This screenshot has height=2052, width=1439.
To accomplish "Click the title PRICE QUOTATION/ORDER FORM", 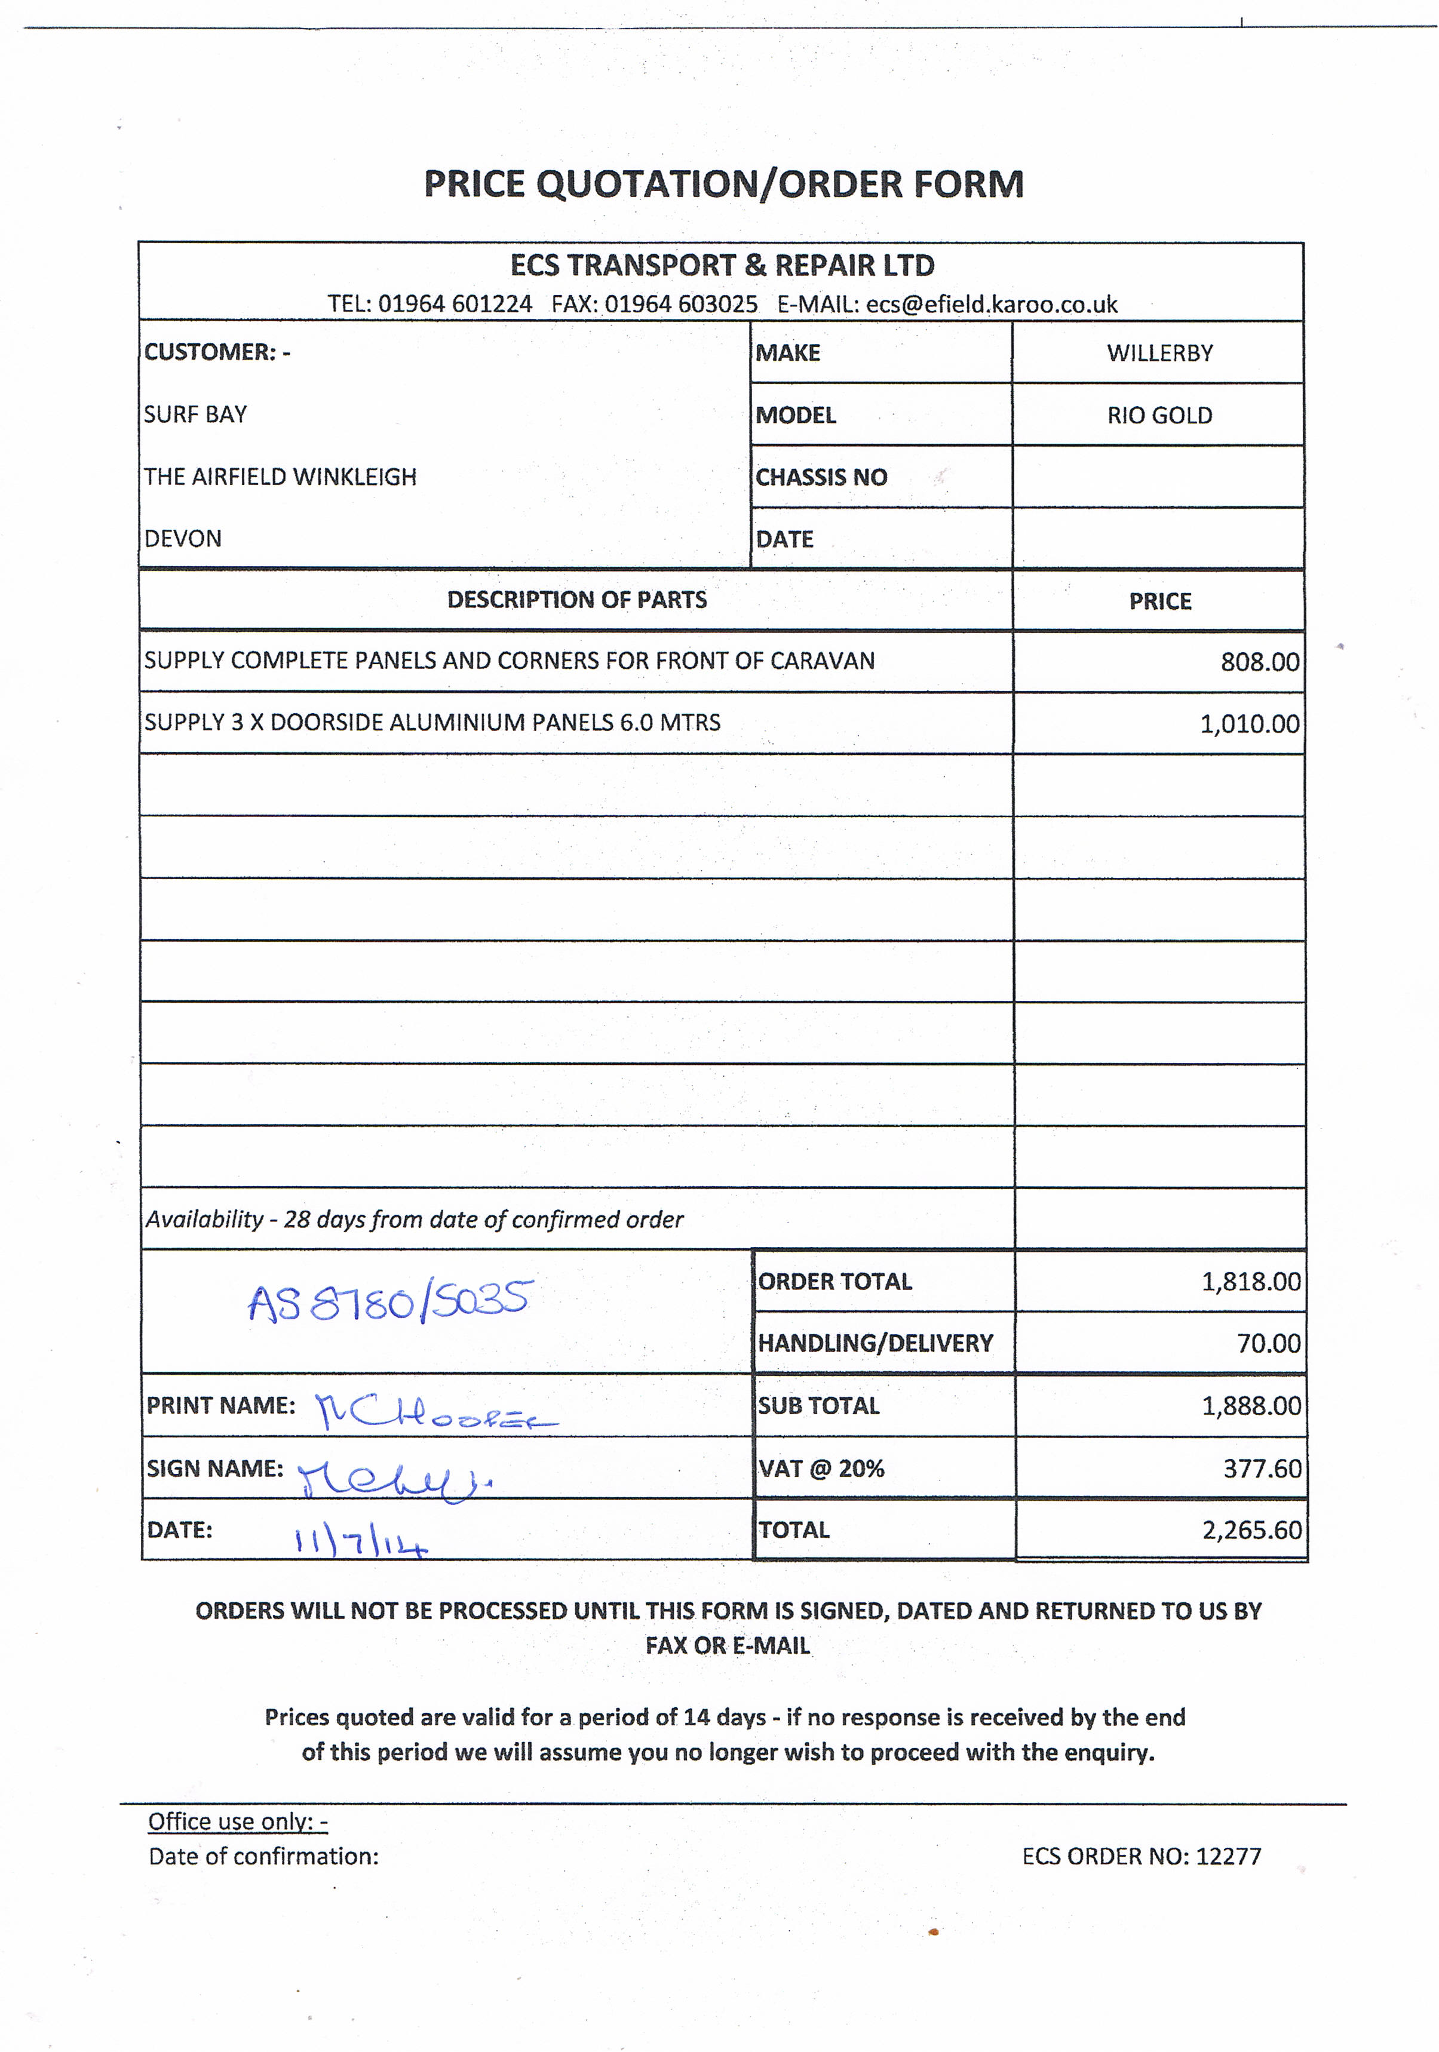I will tap(722, 184).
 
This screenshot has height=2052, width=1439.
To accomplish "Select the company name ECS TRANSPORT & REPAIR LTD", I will tap(722, 265).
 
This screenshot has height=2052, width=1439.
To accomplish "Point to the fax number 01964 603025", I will tap(680, 305).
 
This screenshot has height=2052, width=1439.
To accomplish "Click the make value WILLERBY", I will tap(1159, 353).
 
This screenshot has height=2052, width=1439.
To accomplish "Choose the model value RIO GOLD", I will tap(1159, 416).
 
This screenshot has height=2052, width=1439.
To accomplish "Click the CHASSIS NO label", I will tap(821, 477).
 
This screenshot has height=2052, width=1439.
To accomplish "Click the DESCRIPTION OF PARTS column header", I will tap(576, 600).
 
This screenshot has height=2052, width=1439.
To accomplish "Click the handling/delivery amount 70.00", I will tap(1268, 1343).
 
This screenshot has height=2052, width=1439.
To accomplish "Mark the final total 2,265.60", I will tap(1251, 1530).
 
